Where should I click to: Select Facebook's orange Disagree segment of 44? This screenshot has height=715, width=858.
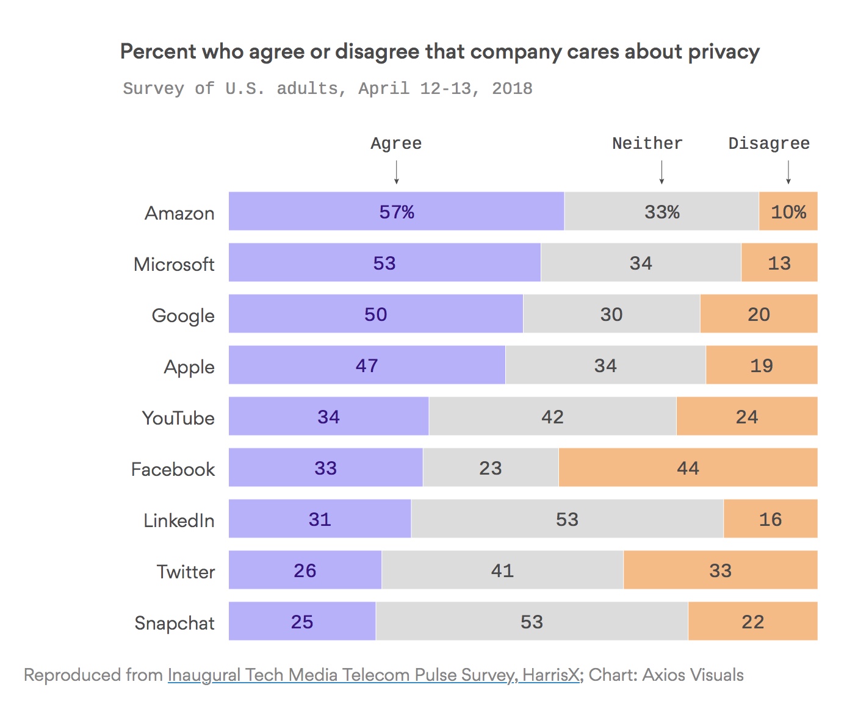pyautogui.click(x=688, y=467)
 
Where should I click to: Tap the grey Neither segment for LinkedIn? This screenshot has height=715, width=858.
pyautogui.click(x=567, y=519)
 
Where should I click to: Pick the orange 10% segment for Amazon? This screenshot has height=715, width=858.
pyautogui.click(x=788, y=211)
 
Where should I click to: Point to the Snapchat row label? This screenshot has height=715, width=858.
pyautogui.click(x=175, y=623)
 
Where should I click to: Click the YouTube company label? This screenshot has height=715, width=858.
pyautogui.click(x=178, y=418)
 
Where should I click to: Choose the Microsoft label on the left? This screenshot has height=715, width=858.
pyautogui.click(x=174, y=264)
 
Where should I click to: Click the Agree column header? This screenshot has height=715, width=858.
pyautogui.click(x=396, y=143)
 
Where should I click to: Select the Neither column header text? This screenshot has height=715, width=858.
pyautogui.click(x=647, y=143)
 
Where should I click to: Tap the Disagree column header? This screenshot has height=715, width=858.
pyautogui.click(x=769, y=143)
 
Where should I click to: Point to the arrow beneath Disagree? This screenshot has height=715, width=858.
pyautogui.click(x=788, y=172)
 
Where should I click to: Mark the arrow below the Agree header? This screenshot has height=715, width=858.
pyautogui.click(x=397, y=172)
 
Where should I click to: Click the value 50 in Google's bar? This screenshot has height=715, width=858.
pyautogui.click(x=376, y=314)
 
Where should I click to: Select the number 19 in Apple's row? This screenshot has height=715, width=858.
pyautogui.click(x=762, y=365)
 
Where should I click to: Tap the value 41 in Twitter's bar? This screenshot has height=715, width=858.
pyautogui.click(x=502, y=570)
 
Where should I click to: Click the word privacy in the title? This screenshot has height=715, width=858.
pyautogui.click(x=724, y=52)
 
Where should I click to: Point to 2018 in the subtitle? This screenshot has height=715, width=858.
pyautogui.click(x=512, y=88)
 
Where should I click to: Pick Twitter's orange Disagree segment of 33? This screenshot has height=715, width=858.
pyautogui.click(x=720, y=570)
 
